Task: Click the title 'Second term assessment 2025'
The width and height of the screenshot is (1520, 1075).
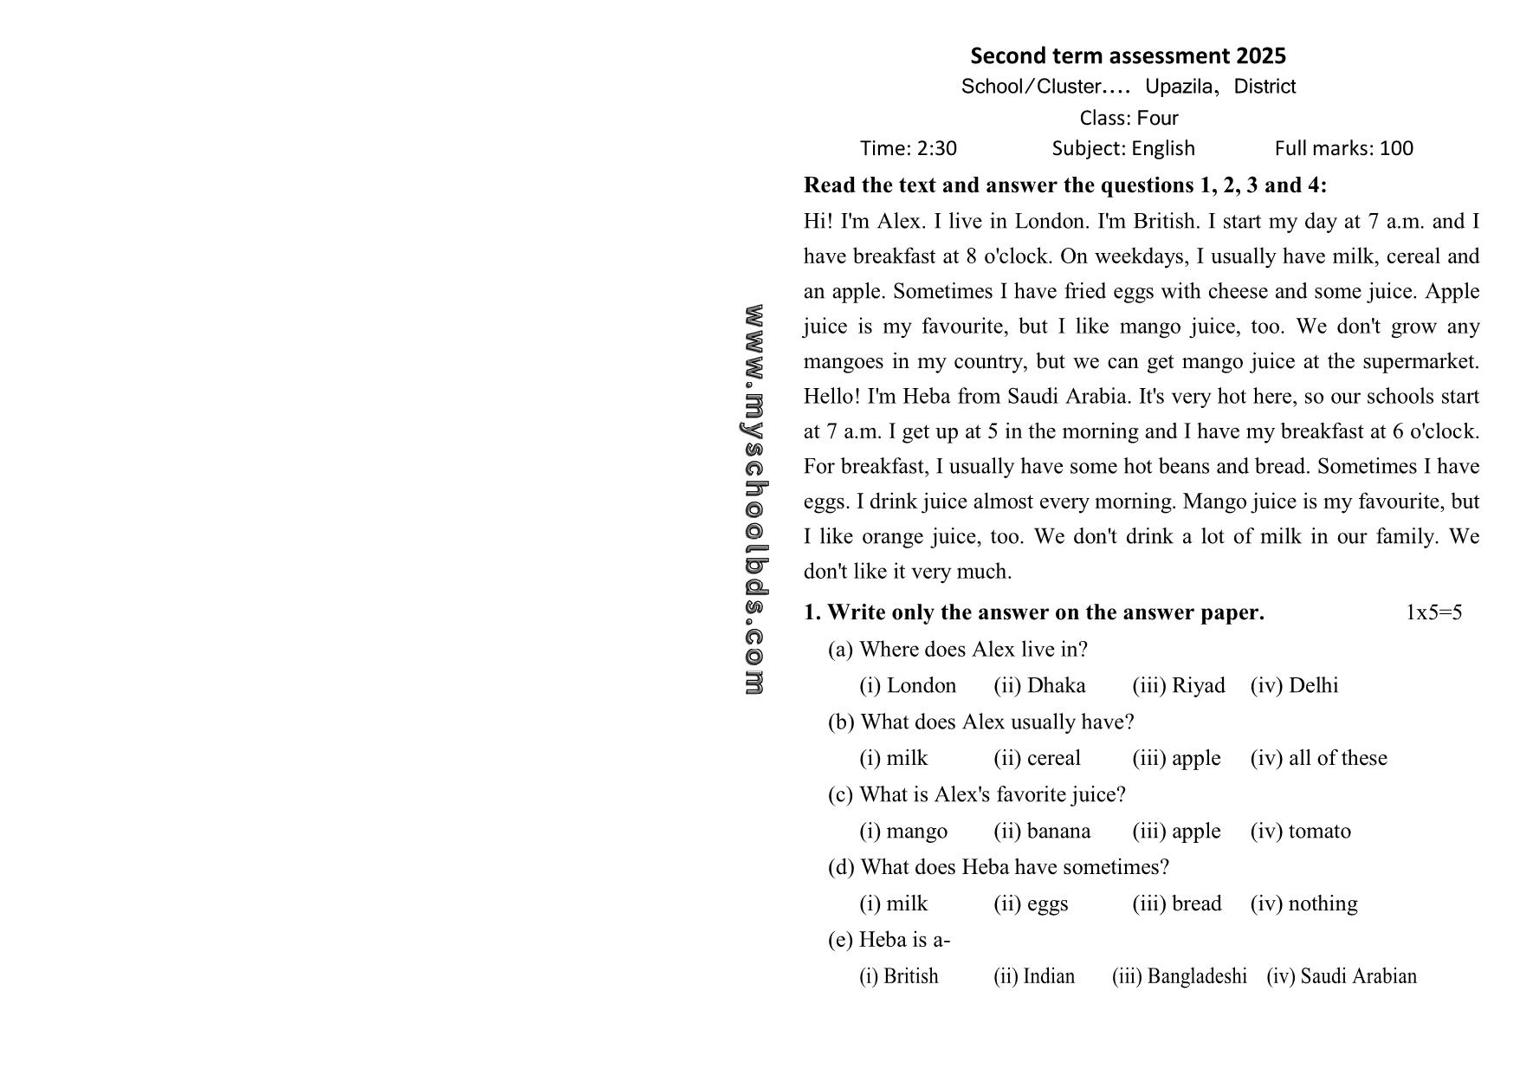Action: [x=1128, y=56]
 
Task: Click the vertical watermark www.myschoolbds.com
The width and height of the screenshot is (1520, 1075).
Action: [x=754, y=500]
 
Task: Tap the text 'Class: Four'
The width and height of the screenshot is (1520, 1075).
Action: [x=1129, y=118]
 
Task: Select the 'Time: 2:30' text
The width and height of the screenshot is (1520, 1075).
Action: [x=908, y=149]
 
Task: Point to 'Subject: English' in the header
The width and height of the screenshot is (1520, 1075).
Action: [x=1123, y=149]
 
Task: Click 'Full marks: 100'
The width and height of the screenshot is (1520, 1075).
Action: [x=1343, y=149]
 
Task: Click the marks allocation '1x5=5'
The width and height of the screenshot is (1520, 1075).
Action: [x=1433, y=613]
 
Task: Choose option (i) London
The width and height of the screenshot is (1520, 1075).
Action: [x=908, y=686]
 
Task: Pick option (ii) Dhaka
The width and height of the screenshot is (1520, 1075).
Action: [x=1039, y=686]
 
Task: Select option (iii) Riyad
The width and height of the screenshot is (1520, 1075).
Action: [x=1179, y=686]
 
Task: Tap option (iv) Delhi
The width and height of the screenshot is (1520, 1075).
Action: [x=1294, y=686]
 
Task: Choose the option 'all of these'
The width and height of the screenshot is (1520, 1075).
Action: [x=1318, y=759]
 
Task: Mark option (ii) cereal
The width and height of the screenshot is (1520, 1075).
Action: [x=1037, y=759]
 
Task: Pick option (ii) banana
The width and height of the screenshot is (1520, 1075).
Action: [x=1042, y=832]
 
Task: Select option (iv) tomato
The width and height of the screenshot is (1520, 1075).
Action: [x=1300, y=832]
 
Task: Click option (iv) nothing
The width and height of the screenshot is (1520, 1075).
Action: [x=1303, y=904]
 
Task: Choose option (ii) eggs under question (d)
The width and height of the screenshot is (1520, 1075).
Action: [x=1031, y=904]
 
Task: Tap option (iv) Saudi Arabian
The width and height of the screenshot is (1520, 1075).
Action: [x=1342, y=977]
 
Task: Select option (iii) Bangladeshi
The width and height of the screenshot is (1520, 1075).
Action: [x=1179, y=977]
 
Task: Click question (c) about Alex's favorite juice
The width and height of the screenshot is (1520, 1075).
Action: [x=977, y=795]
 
